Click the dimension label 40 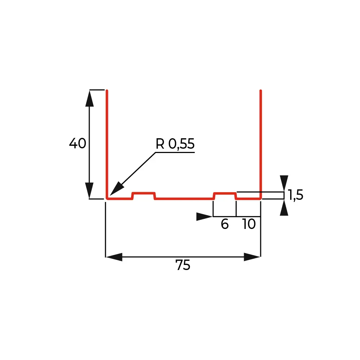[x=78, y=143]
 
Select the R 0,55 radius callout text [x=175, y=144]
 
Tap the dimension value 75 [x=183, y=265]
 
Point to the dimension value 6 [x=225, y=224]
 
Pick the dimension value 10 [x=249, y=224]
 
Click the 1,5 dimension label [x=296, y=195]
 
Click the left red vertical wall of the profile [x=107, y=144]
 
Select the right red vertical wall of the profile [x=261, y=144]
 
